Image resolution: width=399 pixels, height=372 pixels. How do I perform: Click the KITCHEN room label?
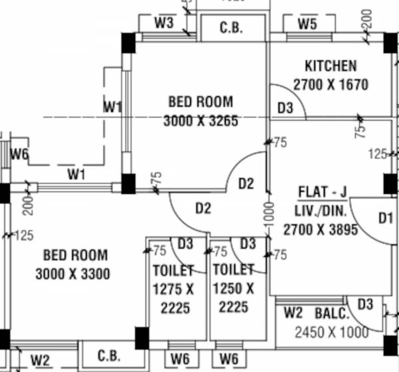click(331, 66)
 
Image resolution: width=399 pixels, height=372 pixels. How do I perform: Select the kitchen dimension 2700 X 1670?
click(331, 85)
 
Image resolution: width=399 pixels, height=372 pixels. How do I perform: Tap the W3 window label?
click(164, 23)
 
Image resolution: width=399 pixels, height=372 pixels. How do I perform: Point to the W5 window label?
click(307, 25)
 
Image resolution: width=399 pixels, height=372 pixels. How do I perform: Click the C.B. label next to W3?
click(232, 29)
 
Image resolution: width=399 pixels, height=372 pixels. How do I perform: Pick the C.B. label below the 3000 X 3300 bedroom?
click(108, 355)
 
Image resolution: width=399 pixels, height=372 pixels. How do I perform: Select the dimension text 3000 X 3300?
click(73, 274)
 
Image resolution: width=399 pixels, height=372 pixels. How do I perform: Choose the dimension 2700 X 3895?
click(321, 230)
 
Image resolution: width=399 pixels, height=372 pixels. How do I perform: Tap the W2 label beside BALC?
click(293, 312)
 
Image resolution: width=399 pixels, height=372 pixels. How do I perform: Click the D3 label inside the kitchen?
click(285, 108)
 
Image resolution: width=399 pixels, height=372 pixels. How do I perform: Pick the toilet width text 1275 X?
click(173, 290)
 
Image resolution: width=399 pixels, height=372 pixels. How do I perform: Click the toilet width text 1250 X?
click(233, 290)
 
